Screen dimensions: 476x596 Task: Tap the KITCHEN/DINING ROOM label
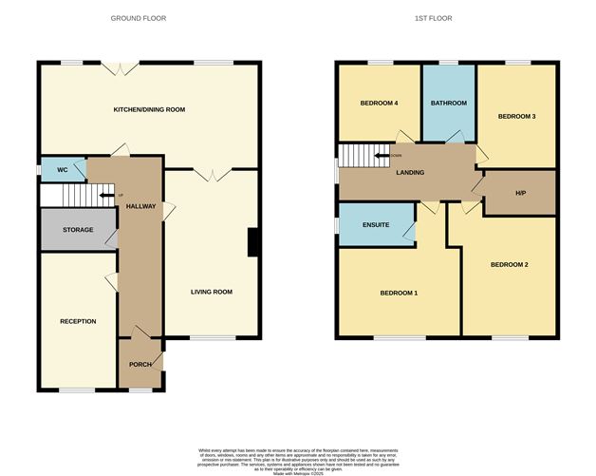[149, 109]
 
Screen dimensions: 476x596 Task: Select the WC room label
[63, 170]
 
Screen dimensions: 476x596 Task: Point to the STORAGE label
[78, 230]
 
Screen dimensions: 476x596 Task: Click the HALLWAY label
[140, 206]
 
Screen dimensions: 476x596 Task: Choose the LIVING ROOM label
[212, 292]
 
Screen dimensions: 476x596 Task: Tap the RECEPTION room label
[78, 321]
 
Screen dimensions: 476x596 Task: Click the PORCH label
[140, 364]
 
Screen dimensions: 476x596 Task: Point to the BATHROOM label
[449, 103]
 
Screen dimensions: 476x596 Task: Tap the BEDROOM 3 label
[517, 116]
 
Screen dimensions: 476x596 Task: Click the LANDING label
[410, 172]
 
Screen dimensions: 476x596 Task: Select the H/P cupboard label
[520, 194]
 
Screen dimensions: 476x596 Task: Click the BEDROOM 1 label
[399, 293]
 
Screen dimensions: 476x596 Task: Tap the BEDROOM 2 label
[509, 264]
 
